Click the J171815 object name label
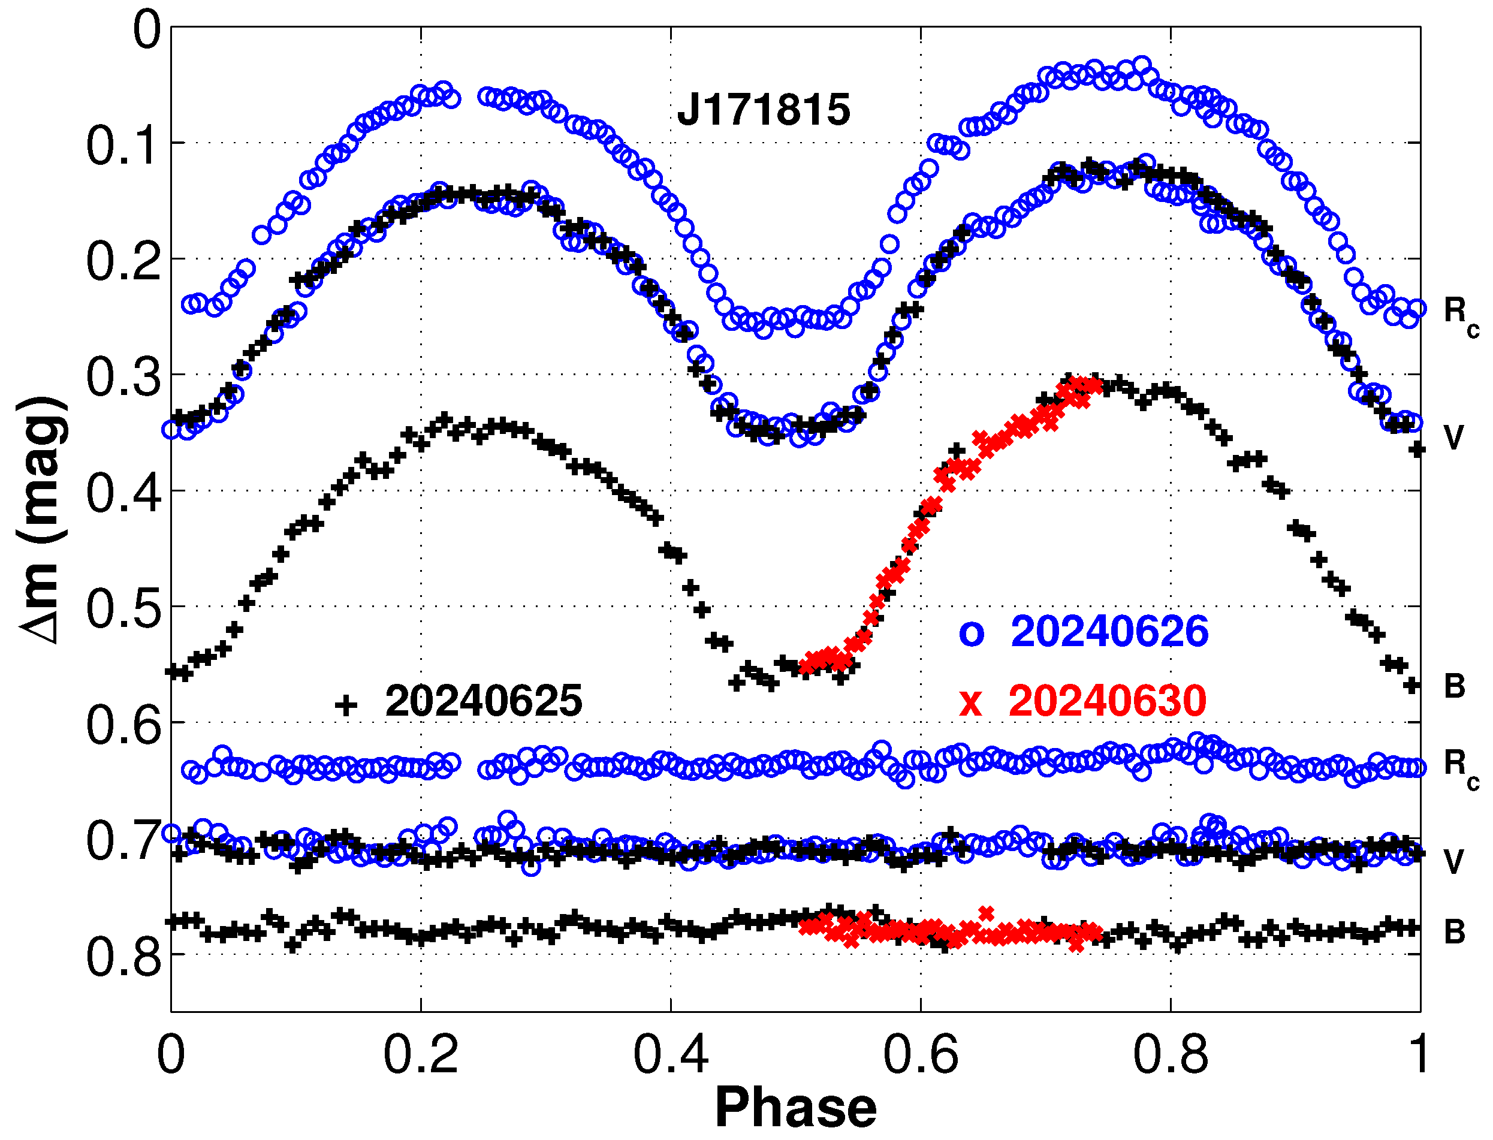pyautogui.click(x=763, y=109)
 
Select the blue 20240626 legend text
pyautogui.click(x=1109, y=632)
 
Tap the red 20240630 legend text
pyautogui.click(x=1108, y=701)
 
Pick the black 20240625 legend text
pyautogui.click(x=483, y=701)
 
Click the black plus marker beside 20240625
pyautogui.click(x=345, y=705)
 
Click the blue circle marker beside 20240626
pyautogui.click(x=971, y=634)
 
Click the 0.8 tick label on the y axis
pyautogui.click(x=123, y=957)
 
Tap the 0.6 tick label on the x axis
pyautogui.click(x=920, y=1055)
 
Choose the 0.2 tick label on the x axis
pyautogui.click(x=421, y=1055)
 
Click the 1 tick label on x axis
pyautogui.click(x=1418, y=1055)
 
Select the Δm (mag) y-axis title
pyautogui.click(x=42, y=520)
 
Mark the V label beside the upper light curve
pyautogui.click(x=1453, y=438)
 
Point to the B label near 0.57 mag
pyautogui.click(x=1454, y=686)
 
